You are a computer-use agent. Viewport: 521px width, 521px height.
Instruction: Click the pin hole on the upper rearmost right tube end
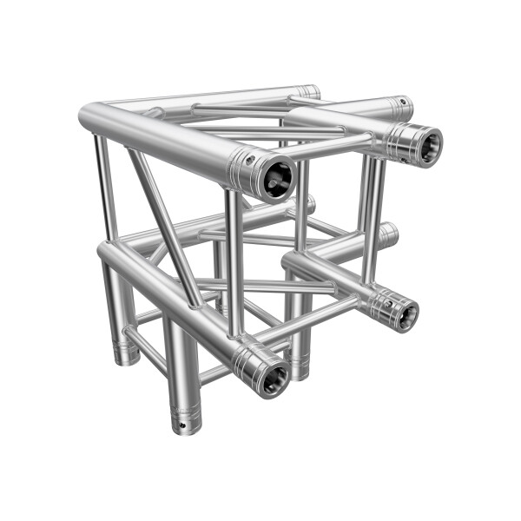coord(402,102)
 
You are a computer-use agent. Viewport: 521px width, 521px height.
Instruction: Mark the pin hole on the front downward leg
coord(181,425)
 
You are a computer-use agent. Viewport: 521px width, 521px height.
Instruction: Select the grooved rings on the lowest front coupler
coord(252,365)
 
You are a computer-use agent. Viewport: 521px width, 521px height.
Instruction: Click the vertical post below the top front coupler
coord(234,260)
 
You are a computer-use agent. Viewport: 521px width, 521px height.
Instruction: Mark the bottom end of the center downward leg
coord(298,373)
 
